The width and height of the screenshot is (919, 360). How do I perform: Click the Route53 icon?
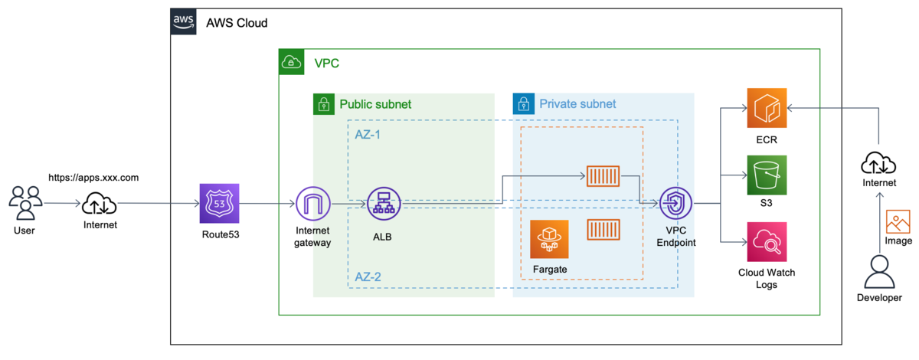tap(219, 204)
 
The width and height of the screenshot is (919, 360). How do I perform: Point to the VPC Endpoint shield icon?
tap(676, 204)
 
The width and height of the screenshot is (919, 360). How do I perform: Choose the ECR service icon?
tap(767, 110)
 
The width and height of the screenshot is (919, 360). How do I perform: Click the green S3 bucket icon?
tap(767, 175)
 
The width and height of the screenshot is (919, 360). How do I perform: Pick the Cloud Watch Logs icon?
tap(767, 242)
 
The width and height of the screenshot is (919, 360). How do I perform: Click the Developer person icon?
tap(879, 271)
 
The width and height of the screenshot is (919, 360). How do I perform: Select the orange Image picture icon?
tap(898, 222)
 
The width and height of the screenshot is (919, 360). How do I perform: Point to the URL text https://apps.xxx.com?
tap(93, 177)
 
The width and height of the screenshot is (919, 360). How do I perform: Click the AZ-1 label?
tap(368, 134)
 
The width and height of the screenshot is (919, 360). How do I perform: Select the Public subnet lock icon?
tap(323, 104)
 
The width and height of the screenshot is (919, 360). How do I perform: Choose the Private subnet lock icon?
tap(523, 104)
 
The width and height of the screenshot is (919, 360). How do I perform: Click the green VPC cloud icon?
tap(292, 61)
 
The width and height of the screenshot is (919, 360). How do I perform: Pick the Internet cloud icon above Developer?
tap(878, 163)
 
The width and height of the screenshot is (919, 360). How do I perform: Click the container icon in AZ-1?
tap(603, 176)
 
